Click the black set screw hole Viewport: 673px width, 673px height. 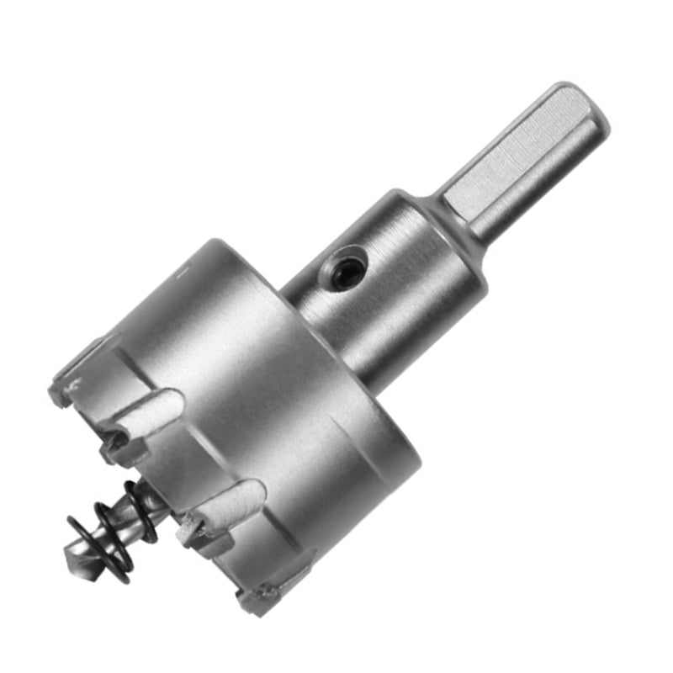click(342, 271)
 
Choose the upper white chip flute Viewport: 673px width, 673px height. click(151, 412)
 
